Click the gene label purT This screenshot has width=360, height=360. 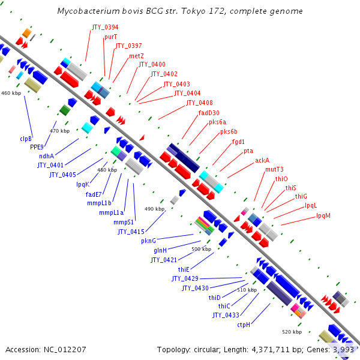pos(110,37)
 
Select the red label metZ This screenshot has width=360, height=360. pos(136,56)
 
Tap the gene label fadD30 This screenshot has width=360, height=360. pos(209,113)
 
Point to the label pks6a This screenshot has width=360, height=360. pos(217,122)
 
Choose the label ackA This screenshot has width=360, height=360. pos(262,161)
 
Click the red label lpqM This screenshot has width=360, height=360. pos(323,215)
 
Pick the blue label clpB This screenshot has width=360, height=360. pos(26,139)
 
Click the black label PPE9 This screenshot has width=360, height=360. pos(38,148)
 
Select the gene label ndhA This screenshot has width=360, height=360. pos(47,157)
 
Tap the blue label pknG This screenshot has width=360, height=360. pos(148,241)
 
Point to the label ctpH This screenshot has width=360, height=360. pos(243,325)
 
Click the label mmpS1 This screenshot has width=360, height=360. pos(124,222)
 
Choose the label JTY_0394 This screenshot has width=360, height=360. pos(105,28)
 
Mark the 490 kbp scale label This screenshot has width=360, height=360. pos(154,209)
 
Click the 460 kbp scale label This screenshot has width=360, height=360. pos(11,93)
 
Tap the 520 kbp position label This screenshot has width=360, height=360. pos(292,332)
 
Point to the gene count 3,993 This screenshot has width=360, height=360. pos(344,349)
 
